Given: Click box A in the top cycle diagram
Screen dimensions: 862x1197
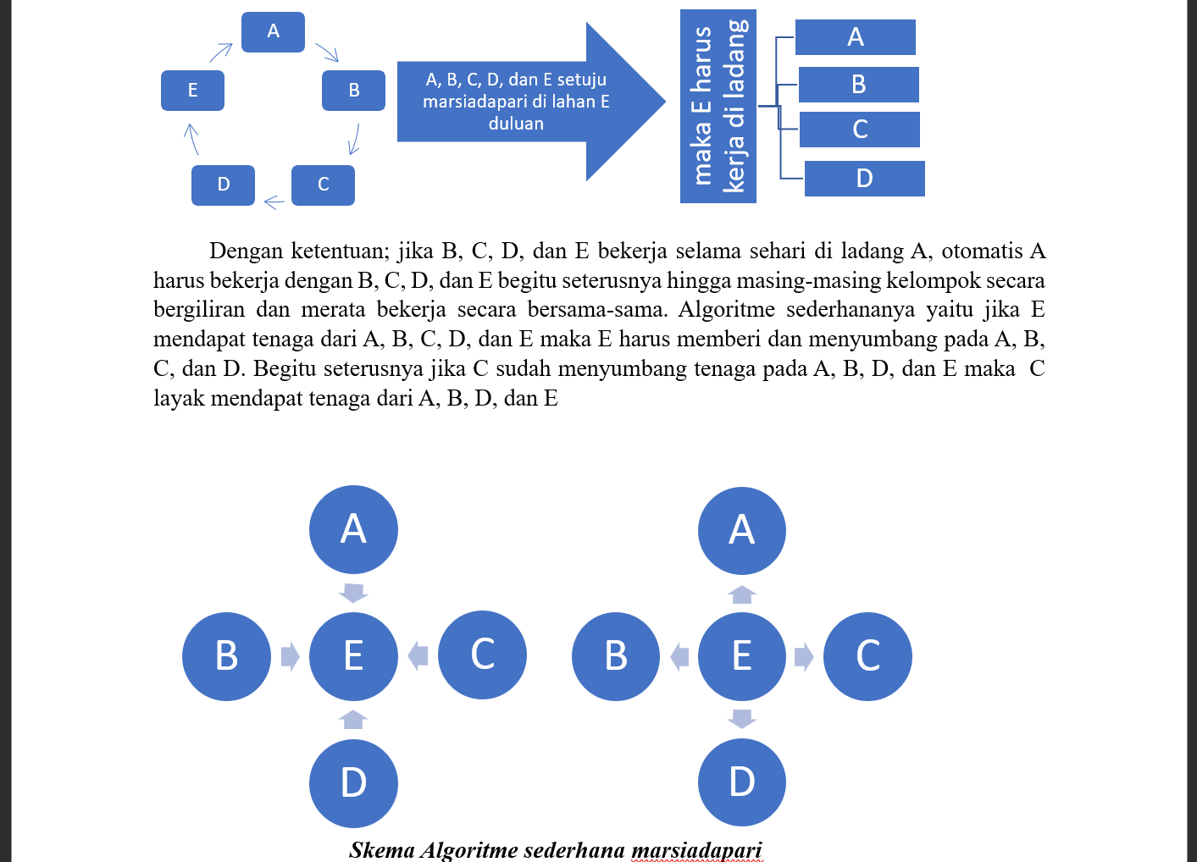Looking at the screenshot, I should pos(273,32).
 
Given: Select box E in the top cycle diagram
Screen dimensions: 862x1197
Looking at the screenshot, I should pos(192,91).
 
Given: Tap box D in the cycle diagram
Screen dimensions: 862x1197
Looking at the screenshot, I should pos(223,185).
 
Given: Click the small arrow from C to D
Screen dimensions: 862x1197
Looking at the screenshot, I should pos(274,202).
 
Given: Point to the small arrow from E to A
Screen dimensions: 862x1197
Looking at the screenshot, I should pos(221,52).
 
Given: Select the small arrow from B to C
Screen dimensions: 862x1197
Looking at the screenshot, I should pos(354,139).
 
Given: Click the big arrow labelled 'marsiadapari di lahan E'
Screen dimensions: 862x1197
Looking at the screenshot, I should pos(517,102).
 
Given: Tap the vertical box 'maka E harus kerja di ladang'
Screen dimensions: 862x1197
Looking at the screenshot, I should pos(718,106).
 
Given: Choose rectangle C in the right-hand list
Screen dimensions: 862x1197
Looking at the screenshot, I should pos(859,130).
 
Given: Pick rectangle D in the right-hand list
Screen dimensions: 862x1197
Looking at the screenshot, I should pos(864,179).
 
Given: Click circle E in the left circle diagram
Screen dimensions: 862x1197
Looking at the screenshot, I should pos(353,656).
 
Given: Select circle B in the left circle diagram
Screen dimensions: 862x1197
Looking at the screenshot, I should pos(226,656).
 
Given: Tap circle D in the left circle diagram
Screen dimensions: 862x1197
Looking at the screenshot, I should pos(353,782).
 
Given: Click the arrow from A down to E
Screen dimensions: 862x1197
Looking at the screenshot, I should pos(353,592).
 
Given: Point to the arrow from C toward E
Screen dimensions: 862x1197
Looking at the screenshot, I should pos(418,655).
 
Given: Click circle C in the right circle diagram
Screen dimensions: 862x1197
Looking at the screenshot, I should pos(867,656).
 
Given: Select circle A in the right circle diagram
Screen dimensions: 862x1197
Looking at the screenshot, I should pos(741,531).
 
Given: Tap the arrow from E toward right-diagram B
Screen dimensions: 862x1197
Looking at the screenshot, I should pos(679,656).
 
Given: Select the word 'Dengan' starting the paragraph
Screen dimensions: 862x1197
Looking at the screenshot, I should pos(247,251).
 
